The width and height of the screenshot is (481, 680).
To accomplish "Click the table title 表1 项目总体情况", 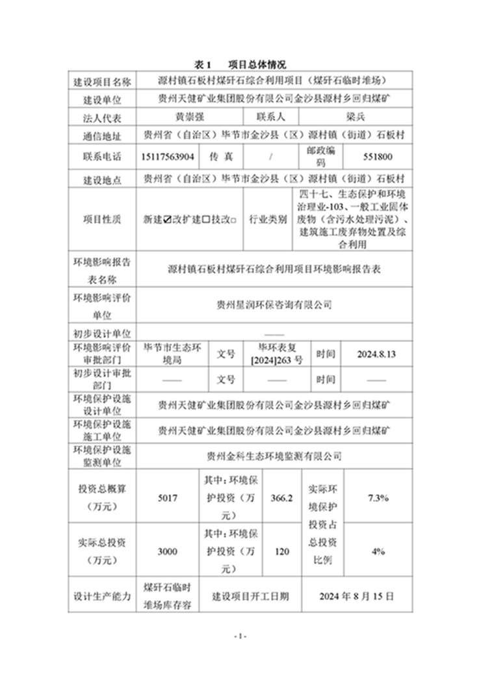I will [240, 65].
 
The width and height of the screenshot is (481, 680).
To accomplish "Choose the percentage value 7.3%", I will [378, 499].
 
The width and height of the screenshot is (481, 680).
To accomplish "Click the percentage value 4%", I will [378, 551].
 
